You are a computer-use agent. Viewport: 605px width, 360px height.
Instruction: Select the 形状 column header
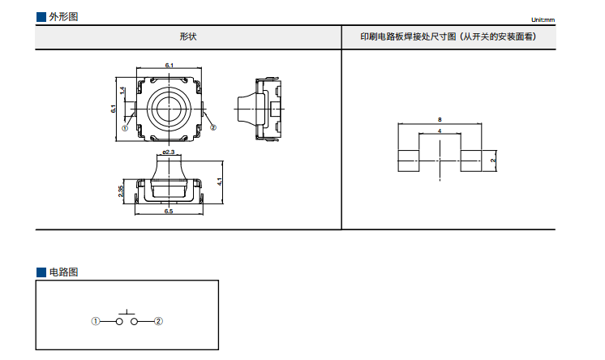188,37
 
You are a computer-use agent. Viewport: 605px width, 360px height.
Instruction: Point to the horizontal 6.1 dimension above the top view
169,64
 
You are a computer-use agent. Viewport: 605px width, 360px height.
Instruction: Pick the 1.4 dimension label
122,91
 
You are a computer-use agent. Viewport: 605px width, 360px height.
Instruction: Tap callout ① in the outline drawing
126,127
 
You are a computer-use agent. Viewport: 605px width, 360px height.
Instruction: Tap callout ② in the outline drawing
213,127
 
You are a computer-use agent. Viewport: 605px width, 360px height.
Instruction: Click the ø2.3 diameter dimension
169,152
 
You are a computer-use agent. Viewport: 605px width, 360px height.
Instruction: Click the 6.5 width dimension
168,212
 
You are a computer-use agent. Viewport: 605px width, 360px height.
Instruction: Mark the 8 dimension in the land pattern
439,119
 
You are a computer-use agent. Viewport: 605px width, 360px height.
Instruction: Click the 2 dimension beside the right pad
492,161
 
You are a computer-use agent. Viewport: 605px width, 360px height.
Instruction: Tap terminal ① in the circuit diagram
96,322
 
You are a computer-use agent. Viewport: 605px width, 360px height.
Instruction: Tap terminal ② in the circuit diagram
159,322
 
